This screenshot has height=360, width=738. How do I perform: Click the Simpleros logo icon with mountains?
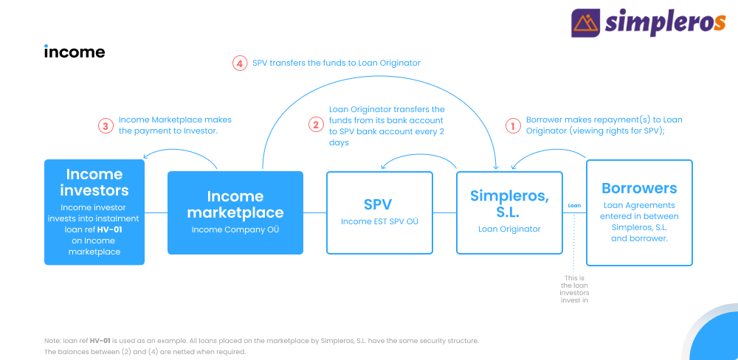[585, 23]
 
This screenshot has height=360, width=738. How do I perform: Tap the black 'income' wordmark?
[75, 51]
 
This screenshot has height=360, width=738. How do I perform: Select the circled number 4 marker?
[240, 63]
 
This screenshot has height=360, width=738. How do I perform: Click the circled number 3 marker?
[106, 125]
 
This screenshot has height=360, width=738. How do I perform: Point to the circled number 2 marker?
[317, 125]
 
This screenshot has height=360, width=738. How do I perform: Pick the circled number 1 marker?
[513, 125]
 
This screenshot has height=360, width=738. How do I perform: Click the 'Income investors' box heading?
[94, 182]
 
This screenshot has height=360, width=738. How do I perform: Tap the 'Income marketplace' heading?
[235, 204]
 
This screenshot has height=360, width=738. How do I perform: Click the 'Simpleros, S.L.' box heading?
[509, 203]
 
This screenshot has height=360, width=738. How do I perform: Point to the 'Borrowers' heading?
[639, 188]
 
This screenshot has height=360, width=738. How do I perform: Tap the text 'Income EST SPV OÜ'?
[379, 221]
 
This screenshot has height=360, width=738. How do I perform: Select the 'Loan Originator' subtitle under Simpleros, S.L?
[509, 229]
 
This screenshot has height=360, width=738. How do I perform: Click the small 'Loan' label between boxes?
[574, 206]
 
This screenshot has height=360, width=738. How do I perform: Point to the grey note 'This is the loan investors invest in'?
[574, 289]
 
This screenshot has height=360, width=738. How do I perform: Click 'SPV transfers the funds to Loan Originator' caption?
[336, 63]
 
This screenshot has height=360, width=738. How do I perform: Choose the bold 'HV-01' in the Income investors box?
[108, 229]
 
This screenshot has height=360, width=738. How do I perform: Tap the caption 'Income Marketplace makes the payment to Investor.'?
[175, 125]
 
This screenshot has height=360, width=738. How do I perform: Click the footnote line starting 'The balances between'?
[145, 352]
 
